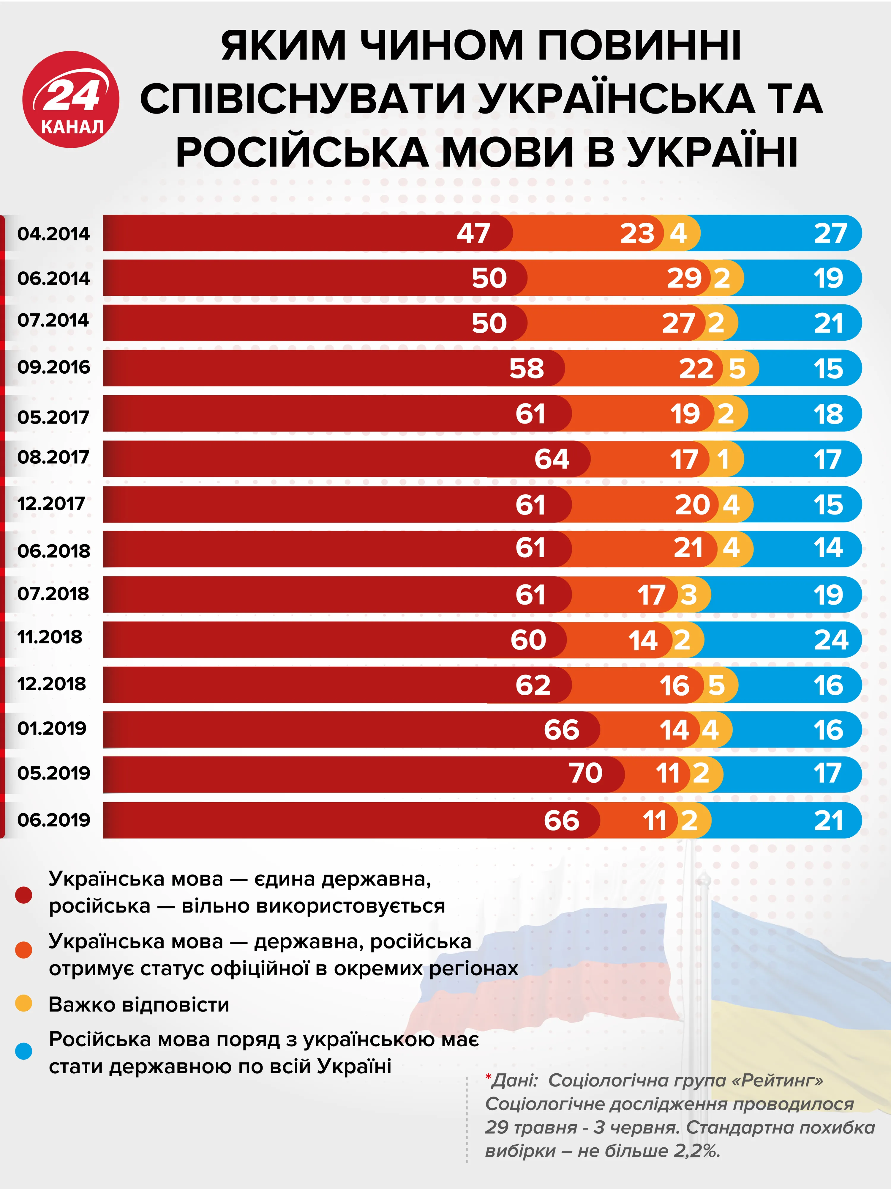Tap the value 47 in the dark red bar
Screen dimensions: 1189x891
(473, 233)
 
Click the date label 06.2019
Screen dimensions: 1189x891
(54, 820)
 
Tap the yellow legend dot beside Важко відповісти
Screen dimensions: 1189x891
(24, 1003)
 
